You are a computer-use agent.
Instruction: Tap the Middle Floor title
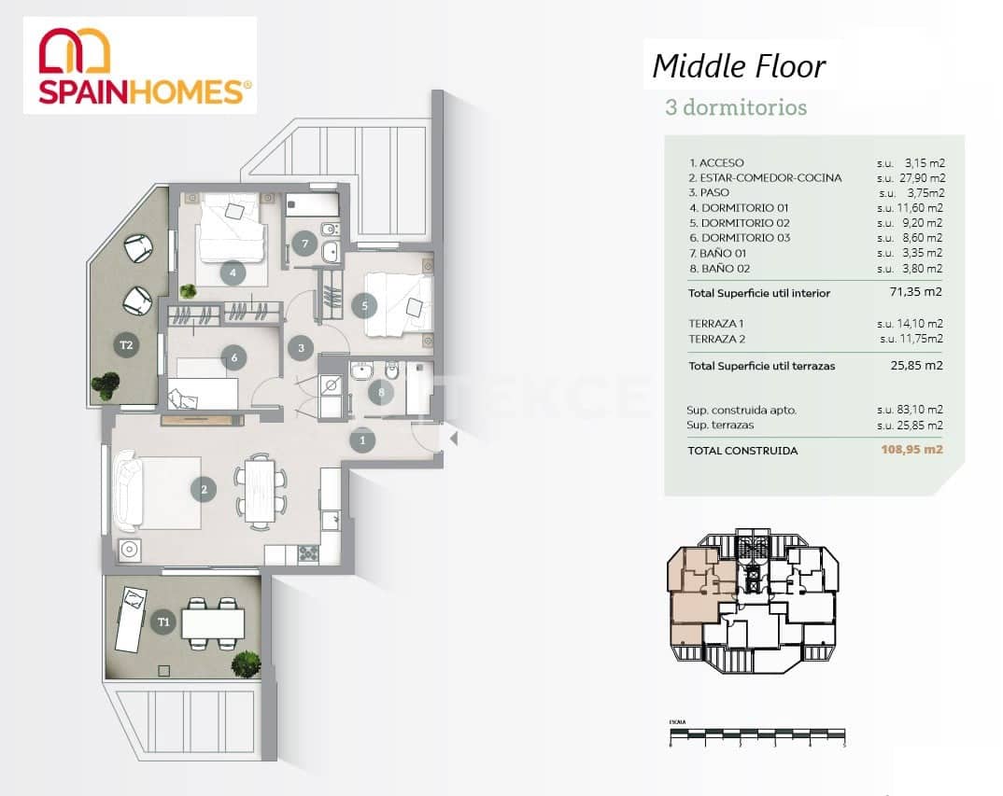coord(738,66)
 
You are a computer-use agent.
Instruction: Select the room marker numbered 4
coord(232,273)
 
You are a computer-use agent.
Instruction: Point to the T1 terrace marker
coord(164,621)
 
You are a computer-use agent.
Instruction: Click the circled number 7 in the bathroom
coord(303,244)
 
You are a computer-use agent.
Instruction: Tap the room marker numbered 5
coord(365,304)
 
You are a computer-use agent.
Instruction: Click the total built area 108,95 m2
coord(911,450)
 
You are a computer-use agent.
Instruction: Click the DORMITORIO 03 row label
coord(740,238)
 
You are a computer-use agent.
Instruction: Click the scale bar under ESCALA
coord(757,734)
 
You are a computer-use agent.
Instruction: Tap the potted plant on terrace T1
coord(246,664)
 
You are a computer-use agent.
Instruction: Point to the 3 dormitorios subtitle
coord(735,107)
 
